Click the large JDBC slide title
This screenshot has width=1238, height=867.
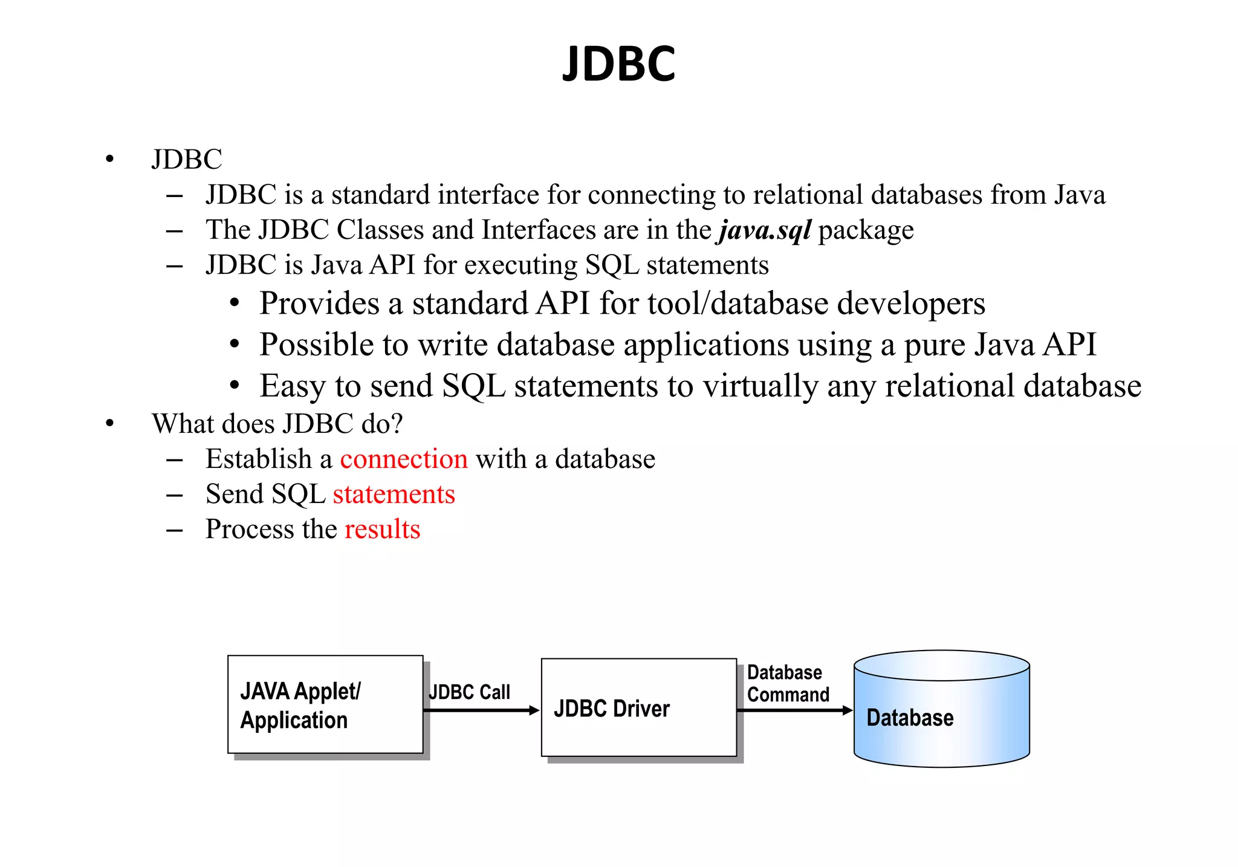pyautogui.click(x=618, y=64)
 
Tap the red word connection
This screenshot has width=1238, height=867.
pyautogui.click(x=404, y=459)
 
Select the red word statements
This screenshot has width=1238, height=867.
pyautogui.click(x=394, y=494)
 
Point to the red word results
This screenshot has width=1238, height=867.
pyautogui.click(x=382, y=529)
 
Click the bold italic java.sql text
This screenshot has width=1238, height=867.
pyautogui.click(x=765, y=230)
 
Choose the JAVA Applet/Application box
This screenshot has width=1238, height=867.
pyautogui.click(x=325, y=704)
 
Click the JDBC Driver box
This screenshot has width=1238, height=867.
pyautogui.click(x=638, y=707)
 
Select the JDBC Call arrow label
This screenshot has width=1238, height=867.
pyautogui.click(x=469, y=692)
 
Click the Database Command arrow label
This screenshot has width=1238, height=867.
pyautogui.click(x=788, y=684)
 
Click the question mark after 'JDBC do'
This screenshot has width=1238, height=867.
pyautogui.click(x=397, y=424)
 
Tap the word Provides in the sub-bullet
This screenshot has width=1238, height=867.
pyautogui.click(x=319, y=304)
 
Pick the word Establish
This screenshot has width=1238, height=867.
pyautogui.click(x=258, y=459)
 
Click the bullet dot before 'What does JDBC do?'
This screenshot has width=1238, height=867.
pyautogui.click(x=109, y=423)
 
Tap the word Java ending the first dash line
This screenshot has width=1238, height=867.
pyautogui.click(x=1080, y=195)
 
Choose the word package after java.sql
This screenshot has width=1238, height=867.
pyautogui.click(x=866, y=230)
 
